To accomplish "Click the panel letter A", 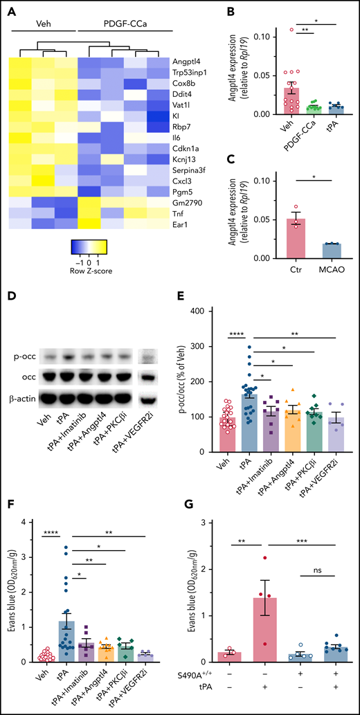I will click(10, 10).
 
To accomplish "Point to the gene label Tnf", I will click(179, 206).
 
